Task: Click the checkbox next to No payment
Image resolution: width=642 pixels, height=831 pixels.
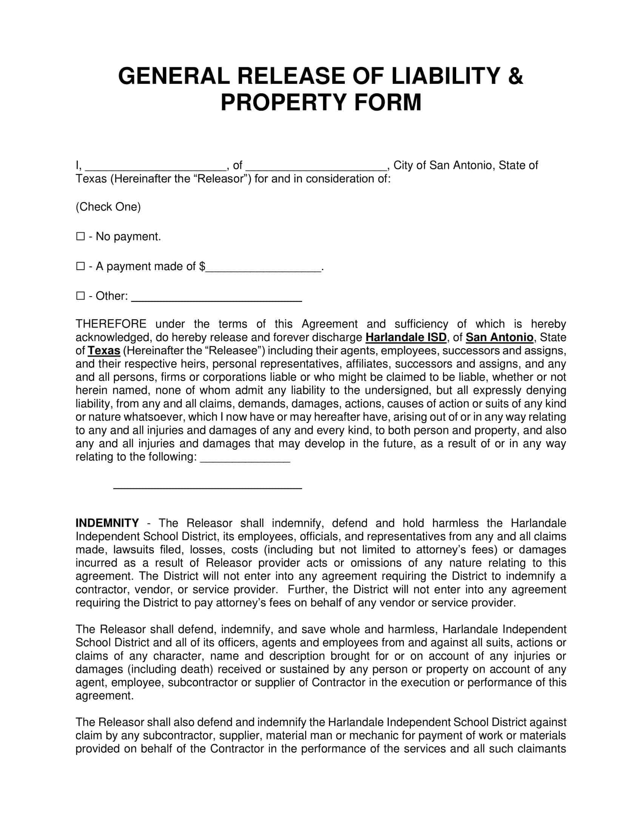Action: pyautogui.click(x=80, y=237)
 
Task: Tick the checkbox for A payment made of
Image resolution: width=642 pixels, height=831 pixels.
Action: pyautogui.click(x=80, y=266)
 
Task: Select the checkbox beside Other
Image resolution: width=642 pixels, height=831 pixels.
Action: pyautogui.click(x=80, y=296)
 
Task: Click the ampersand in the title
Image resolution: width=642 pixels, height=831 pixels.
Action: pyautogui.click(x=516, y=76)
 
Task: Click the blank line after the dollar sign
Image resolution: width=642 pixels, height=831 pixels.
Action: pyautogui.click(x=264, y=269)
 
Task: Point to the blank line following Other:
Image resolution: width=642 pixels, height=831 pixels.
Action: pyautogui.click(x=216, y=299)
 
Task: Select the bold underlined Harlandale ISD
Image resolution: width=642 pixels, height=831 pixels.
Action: pyautogui.click(x=406, y=337)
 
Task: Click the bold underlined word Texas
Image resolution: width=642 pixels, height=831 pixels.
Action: pyautogui.click(x=104, y=351)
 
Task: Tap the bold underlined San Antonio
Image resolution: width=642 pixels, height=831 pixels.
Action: pyautogui.click(x=499, y=337)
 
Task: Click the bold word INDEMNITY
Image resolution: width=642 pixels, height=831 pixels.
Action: pyautogui.click(x=107, y=523)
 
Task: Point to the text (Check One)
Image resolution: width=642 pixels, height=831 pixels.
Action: pyautogui.click(x=108, y=207)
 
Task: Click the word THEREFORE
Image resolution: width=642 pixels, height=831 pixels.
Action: pyautogui.click(x=111, y=324)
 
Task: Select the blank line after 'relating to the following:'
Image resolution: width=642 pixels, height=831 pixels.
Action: pyautogui.click(x=245, y=460)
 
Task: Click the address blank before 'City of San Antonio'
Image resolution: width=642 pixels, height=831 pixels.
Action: pyautogui.click(x=316, y=168)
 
